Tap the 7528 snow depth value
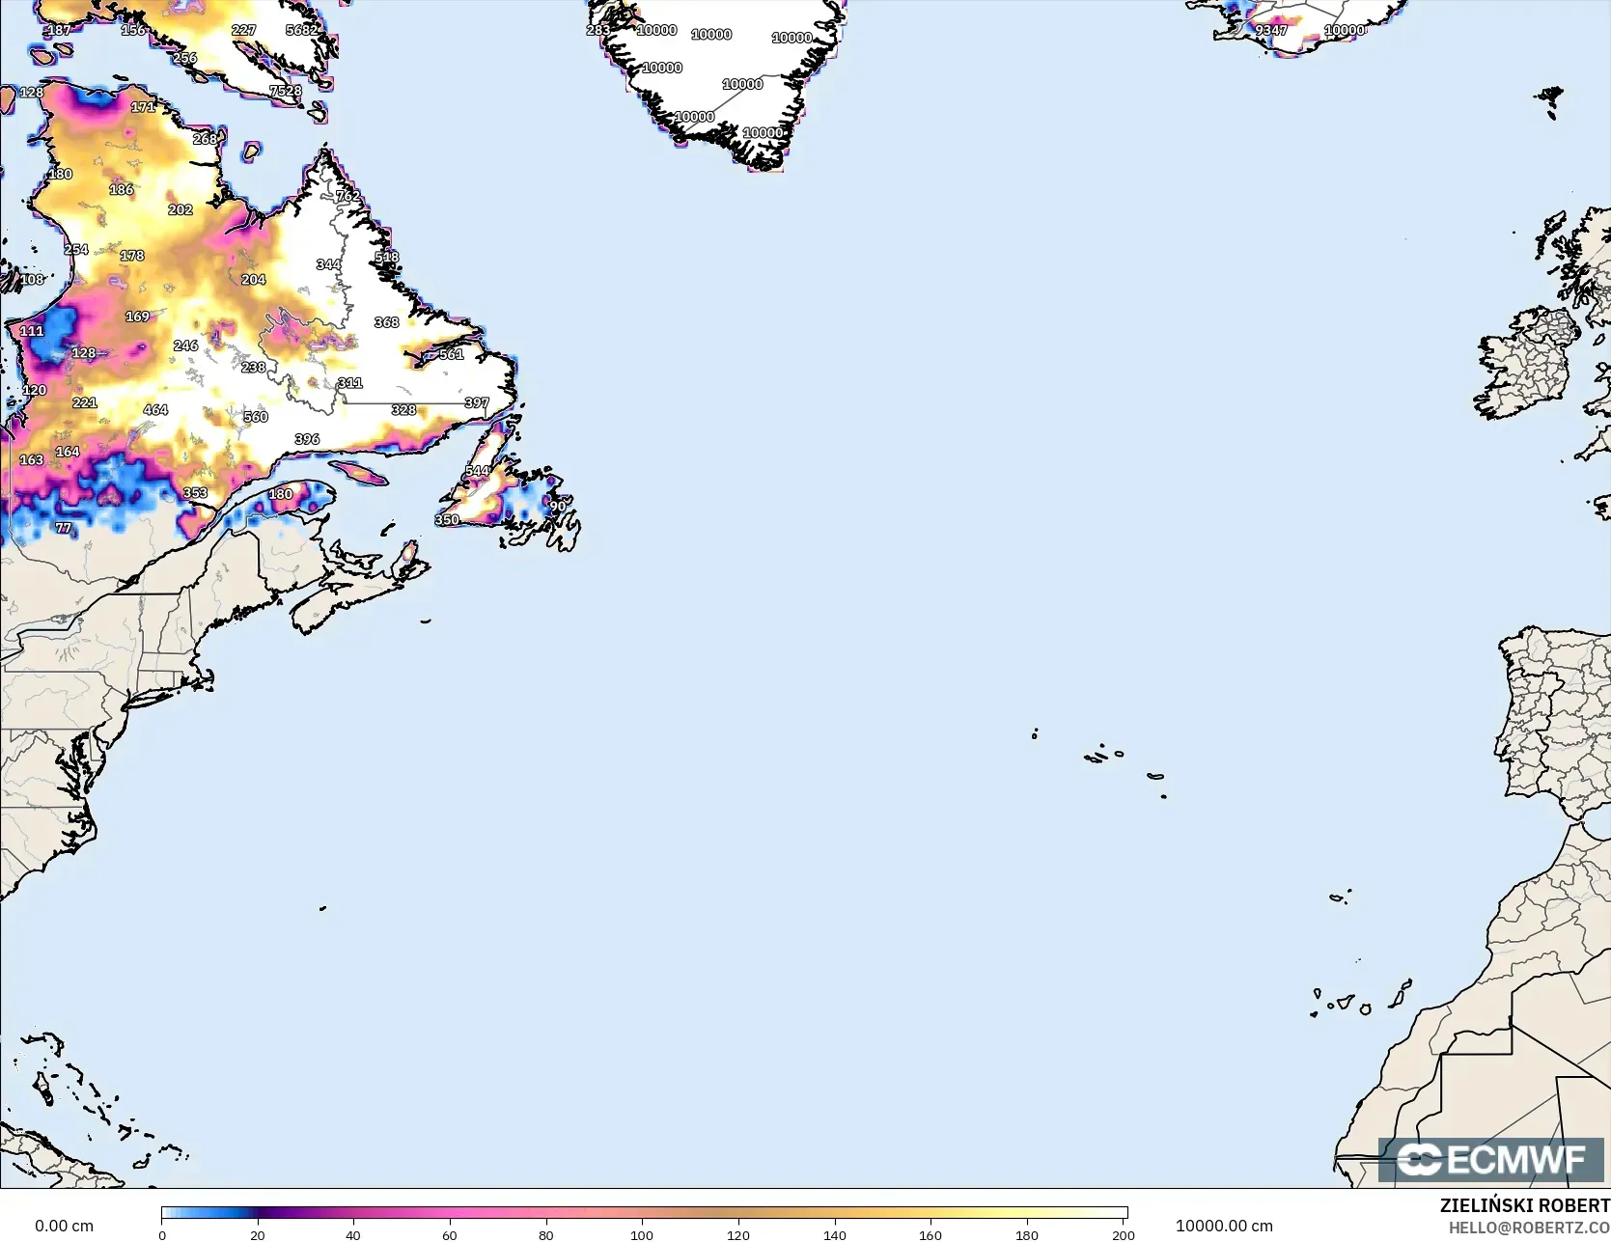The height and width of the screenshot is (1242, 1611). coord(286,91)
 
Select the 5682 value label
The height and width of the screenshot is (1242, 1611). coord(302,30)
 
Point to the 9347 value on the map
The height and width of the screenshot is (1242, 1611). coord(1271,30)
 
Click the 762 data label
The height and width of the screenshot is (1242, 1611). coord(347,196)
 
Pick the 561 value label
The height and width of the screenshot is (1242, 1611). coord(452,354)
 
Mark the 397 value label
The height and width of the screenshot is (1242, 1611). coord(477,402)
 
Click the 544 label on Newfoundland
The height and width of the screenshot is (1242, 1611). coord(477,471)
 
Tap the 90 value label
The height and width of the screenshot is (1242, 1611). coord(558,506)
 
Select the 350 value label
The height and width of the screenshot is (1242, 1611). coord(447,519)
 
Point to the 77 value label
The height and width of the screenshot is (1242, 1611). coord(64,528)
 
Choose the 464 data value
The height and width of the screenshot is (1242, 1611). coord(155,409)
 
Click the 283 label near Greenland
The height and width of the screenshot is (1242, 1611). coord(598,30)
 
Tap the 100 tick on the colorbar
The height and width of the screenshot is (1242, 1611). coord(642,1234)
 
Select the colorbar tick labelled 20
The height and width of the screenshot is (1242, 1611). coord(257,1234)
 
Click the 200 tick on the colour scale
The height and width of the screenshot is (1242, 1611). coord(1123,1234)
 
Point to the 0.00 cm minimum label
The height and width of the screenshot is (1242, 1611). coord(64,1226)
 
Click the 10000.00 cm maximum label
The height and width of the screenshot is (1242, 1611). coord(1223,1226)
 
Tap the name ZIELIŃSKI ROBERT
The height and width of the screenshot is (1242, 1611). coord(1524,1205)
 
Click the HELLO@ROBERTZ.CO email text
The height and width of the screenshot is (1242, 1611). coord(1529,1228)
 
